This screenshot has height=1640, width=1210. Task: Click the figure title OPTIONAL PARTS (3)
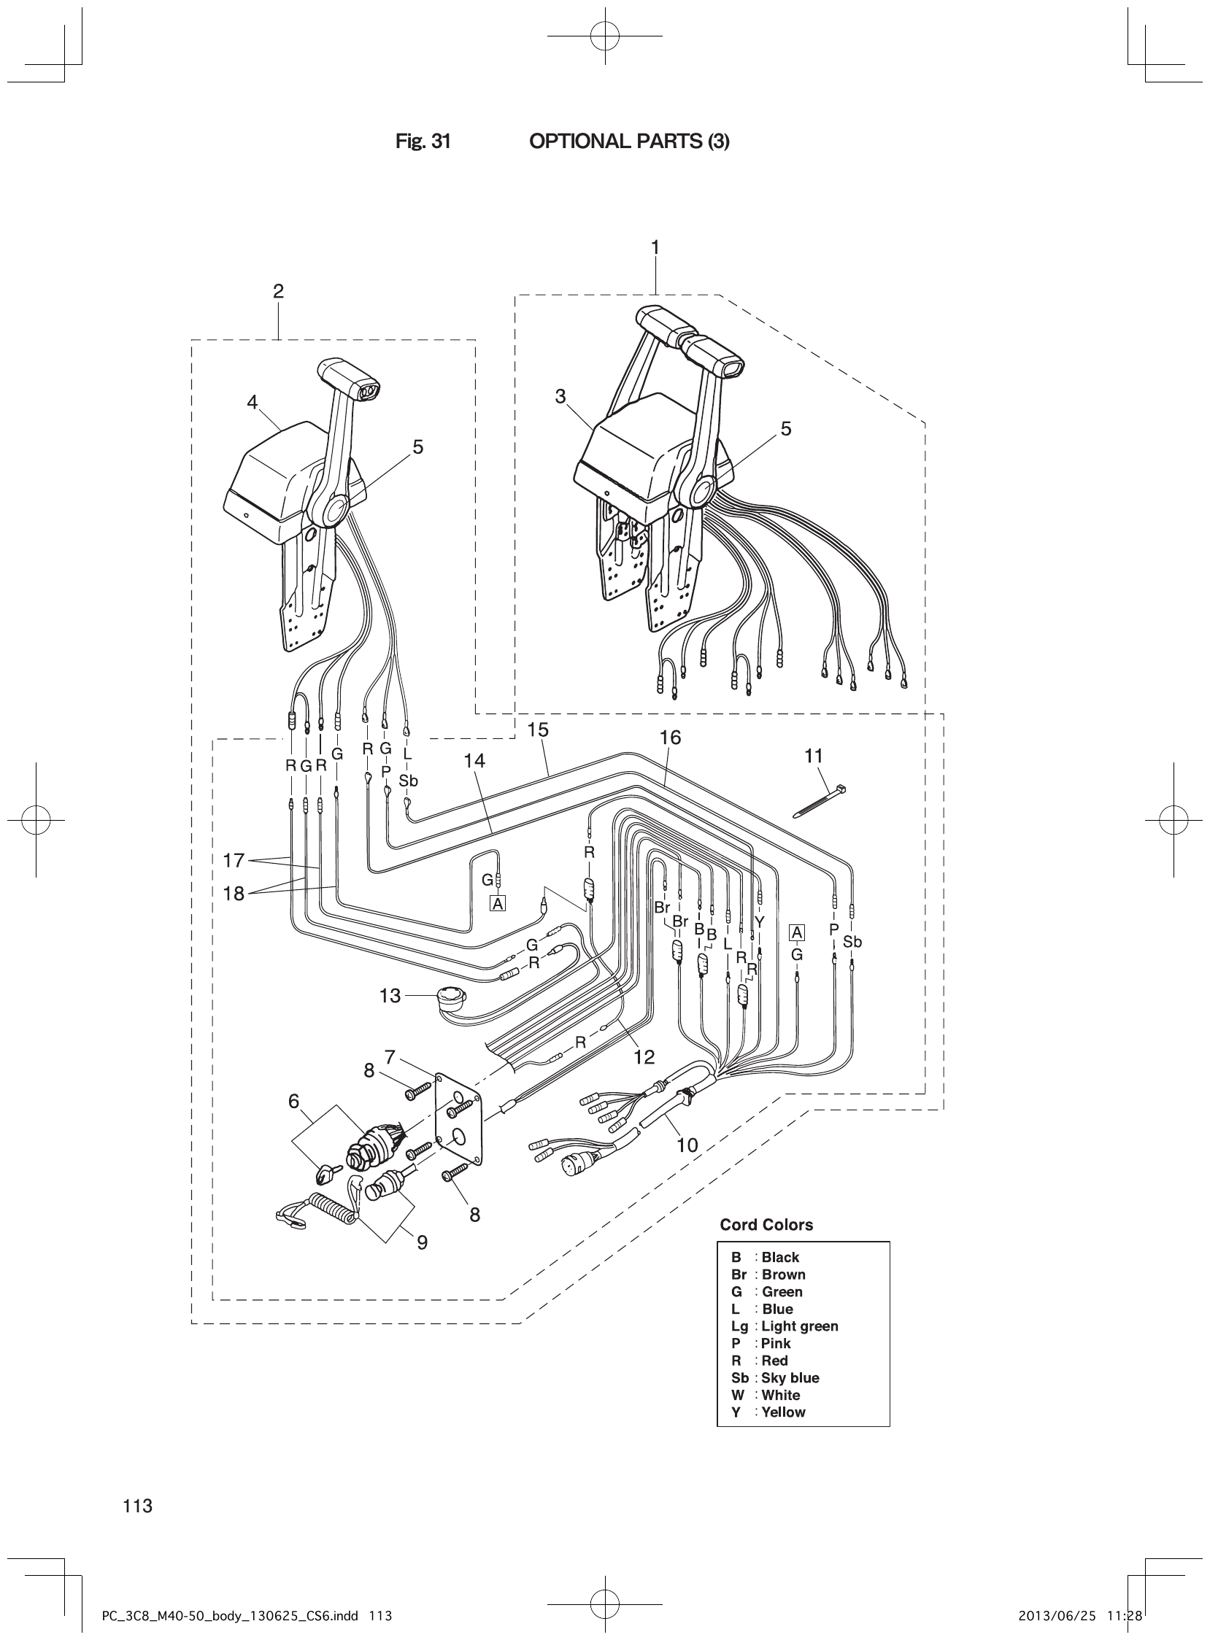(629, 142)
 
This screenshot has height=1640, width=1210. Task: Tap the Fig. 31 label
(423, 142)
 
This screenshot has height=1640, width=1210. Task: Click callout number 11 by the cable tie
(814, 756)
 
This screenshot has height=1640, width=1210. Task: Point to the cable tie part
(821, 801)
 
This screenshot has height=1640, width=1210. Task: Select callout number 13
(390, 996)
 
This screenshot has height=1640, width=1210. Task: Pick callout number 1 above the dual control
(655, 247)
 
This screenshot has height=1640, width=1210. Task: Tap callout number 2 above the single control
(278, 291)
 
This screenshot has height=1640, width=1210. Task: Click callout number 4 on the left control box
(252, 402)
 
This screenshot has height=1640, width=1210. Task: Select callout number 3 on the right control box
(560, 397)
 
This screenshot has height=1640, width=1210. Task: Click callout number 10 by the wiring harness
(686, 1145)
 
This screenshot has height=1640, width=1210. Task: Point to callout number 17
(233, 860)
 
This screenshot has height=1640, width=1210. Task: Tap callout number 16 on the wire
(670, 738)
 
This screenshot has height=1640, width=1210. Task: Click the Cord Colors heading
(766, 1225)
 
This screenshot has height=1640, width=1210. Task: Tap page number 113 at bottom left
(138, 1506)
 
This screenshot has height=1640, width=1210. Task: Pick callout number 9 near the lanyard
(422, 1242)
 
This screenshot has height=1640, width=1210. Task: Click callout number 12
(644, 1056)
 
